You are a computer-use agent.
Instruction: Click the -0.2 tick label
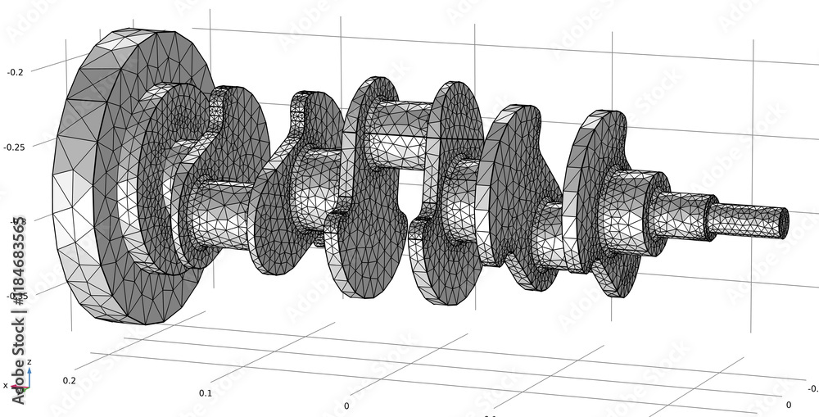[x=16, y=72]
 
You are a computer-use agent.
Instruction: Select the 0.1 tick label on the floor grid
[x=205, y=393]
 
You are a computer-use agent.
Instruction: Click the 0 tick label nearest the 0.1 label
[x=346, y=406]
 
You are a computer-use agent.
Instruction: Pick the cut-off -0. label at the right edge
[x=812, y=389]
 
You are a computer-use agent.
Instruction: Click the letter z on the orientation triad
[x=29, y=361]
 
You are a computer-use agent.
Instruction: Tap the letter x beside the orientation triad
[x=5, y=385]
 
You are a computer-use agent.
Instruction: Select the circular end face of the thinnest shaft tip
[x=784, y=222]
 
